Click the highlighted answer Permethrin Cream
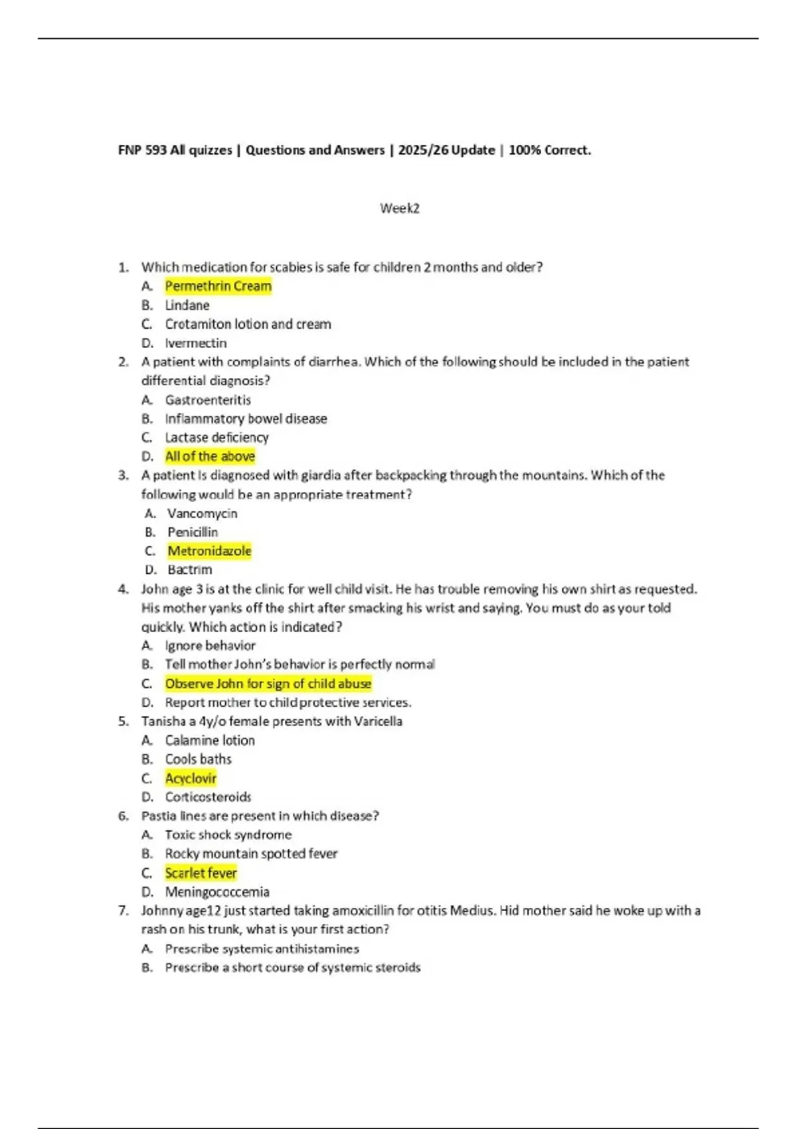218,286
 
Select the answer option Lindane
187,305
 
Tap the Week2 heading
399,209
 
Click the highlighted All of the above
210,456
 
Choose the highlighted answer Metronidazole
209,551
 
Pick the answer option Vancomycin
202,513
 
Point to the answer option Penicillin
193,532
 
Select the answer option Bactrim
190,570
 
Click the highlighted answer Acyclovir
191,778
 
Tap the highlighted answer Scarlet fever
201,873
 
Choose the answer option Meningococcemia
217,892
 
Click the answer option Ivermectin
196,343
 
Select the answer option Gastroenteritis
208,400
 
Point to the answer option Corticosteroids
208,797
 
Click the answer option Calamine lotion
210,740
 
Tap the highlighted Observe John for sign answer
268,683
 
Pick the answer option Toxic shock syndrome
228,835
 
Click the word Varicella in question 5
378,721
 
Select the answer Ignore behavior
210,646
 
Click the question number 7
123,911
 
